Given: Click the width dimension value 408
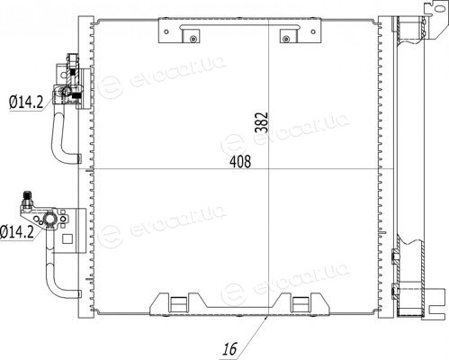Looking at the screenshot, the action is point(240,162).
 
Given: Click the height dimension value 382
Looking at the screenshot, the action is point(261,122).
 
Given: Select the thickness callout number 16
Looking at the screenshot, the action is point(229,348).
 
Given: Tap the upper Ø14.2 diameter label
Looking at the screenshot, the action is point(26,102).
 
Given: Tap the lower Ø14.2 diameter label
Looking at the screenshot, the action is point(17,231).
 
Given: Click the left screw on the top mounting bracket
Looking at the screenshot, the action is point(193,39).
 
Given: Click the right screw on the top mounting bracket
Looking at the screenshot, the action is point(286,39).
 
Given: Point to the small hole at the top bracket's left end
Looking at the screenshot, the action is point(166,31).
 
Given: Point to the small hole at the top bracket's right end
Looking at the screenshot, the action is point(313,31).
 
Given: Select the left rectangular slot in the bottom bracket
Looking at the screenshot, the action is point(178,304).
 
